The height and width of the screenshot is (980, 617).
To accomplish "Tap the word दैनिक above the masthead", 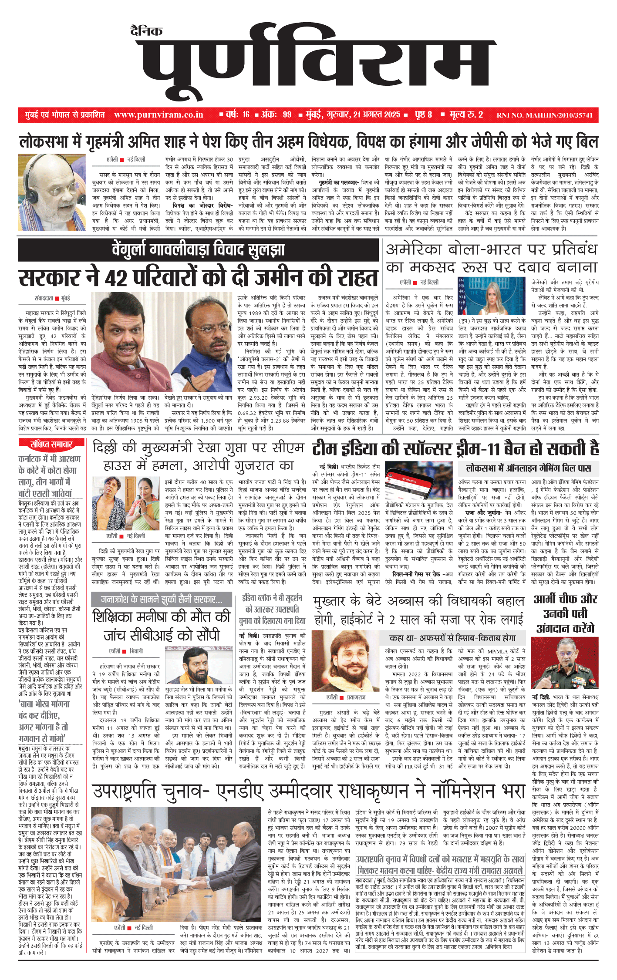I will (x=146, y=31).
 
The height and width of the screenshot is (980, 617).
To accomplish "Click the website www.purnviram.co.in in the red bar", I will (x=158, y=115).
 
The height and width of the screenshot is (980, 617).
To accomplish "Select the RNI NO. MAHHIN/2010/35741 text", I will (x=544, y=115).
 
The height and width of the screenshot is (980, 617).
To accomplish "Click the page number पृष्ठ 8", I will (x=423, y=115).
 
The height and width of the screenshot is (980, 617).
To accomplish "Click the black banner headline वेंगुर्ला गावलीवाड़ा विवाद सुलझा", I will (x=199, y=249).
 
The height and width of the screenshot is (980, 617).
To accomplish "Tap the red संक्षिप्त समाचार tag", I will (x=51, y=444).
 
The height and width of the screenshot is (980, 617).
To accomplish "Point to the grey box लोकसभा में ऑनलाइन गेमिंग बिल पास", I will (x=528, y=468).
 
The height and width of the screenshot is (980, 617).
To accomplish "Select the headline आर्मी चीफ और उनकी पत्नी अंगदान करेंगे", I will (x=565, y=613).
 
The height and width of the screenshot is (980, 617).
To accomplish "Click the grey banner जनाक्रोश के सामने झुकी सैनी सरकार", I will (x=162, y=599).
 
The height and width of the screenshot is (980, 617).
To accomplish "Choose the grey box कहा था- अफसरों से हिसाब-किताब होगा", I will (x=453, y=638).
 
